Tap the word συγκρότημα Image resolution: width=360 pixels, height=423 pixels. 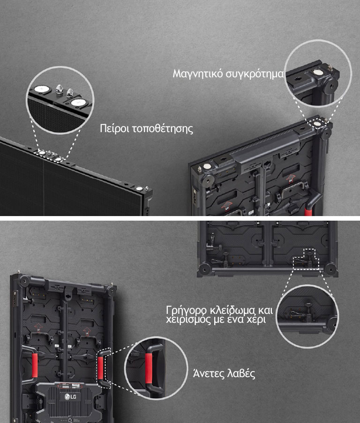pyautogui.click(x=255, y=74)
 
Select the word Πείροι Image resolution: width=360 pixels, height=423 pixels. pyautogui.click(x=114, y=128)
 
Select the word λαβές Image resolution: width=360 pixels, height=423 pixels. pyautogui.click(x=241, y=374)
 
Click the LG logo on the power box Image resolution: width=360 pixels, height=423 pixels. pyautogui.click(x=70, y=397)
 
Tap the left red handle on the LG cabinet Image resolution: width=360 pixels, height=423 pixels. pyautogui.click(x=35, y=365)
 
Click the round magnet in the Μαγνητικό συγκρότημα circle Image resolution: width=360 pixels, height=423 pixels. pyautogui.click(x=318, y=72)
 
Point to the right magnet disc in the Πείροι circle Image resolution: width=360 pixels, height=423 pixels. pyautogui.click(x=78, y=103)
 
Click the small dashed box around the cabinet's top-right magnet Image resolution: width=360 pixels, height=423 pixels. pyautogui.click(x=318, y=124)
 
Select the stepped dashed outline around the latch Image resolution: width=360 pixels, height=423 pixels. pyautogui.click(x=306, y=260)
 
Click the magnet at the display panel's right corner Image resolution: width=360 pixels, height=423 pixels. pyautogui.click(x=139, y=189)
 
